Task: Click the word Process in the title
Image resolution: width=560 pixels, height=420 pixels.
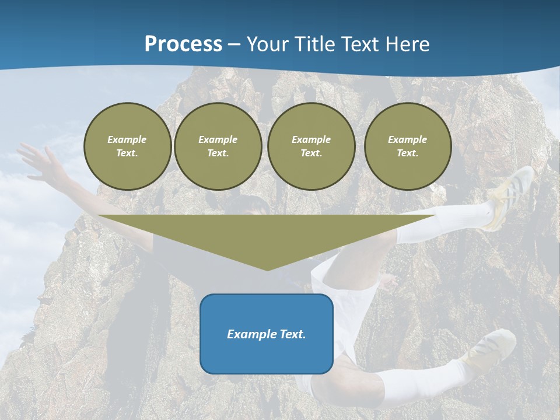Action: [x=183, y=44]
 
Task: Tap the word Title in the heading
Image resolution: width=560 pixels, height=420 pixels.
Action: [x=318, y=44]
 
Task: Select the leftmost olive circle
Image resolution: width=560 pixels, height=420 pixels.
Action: [x=127, y=146]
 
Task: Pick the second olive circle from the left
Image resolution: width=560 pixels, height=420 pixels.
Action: [x=218, y=146]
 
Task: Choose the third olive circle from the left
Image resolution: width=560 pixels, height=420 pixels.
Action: [x=311, y=146]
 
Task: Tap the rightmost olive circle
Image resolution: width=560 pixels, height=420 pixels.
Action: [x=407, y=146]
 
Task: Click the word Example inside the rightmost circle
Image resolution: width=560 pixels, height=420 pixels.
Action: [x=407, y=139]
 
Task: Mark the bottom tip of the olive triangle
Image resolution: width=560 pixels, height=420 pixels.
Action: [x=267, y=269]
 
